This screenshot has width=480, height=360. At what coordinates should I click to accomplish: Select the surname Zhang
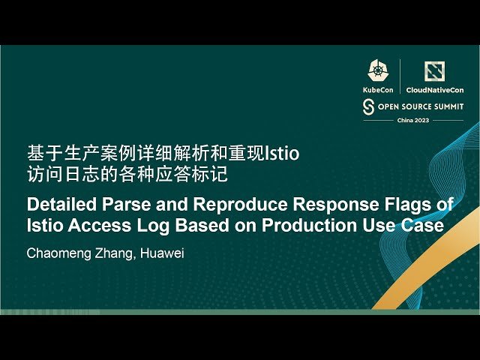113,253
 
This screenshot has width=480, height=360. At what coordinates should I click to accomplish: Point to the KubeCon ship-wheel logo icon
377,70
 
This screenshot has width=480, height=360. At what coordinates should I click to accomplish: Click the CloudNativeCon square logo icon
434,71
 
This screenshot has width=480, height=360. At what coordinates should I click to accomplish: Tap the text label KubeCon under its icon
377,89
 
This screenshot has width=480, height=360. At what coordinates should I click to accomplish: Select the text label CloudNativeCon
435,89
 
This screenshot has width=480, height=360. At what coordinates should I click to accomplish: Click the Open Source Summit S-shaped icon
368,106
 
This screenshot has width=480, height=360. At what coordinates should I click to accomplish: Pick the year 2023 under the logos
422,121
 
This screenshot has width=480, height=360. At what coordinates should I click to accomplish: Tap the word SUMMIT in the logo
447,106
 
